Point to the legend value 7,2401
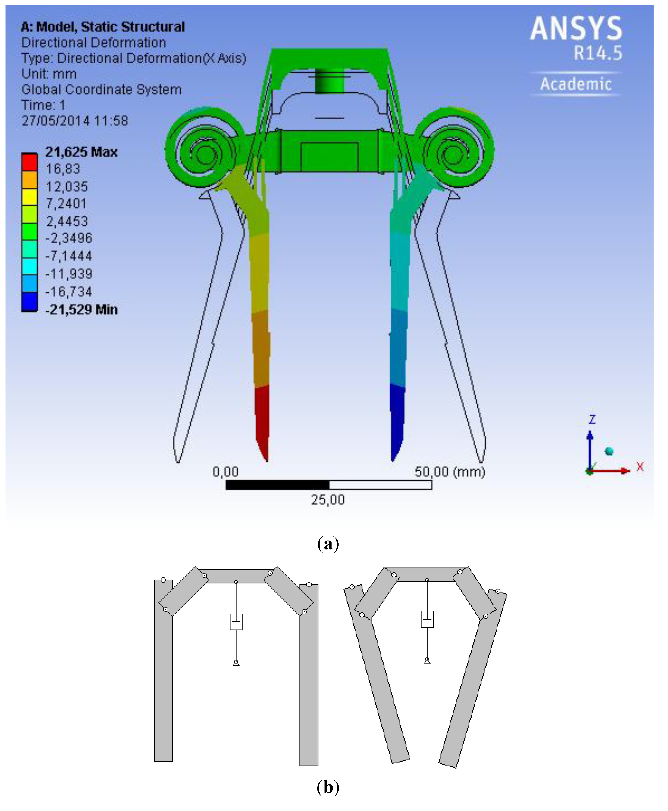[67, 204]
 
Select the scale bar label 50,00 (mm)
[449, 472]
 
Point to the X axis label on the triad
[640, 467]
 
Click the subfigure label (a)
[328, 544]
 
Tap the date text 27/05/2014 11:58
[75, 121]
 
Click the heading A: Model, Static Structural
[103, 27]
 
